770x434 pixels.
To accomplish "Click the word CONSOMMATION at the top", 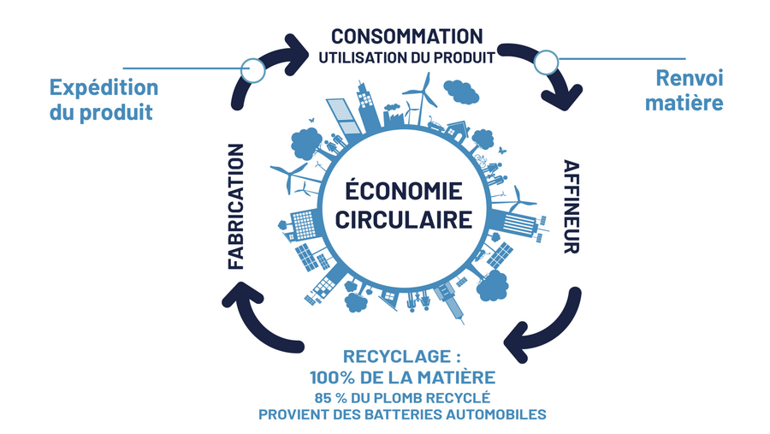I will (x=407, y=37).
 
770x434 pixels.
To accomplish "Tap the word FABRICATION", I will (x=237, y=206).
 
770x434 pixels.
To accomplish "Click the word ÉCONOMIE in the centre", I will (x=404, y=190).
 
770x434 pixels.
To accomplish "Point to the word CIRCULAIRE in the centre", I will (x=404, y=219).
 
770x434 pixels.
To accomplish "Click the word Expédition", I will (x=104, y=88).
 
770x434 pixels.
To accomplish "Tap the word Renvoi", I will (x=689, y=79).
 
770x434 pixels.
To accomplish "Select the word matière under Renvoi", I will (x=689, y=103).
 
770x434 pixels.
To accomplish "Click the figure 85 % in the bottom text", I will (x=333, y=397).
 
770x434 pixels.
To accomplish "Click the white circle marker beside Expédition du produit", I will (x=252, y=68).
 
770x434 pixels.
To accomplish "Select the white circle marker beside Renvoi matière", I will (x=545, y=61).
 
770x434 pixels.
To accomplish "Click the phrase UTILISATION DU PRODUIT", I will (x=406, y=58).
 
